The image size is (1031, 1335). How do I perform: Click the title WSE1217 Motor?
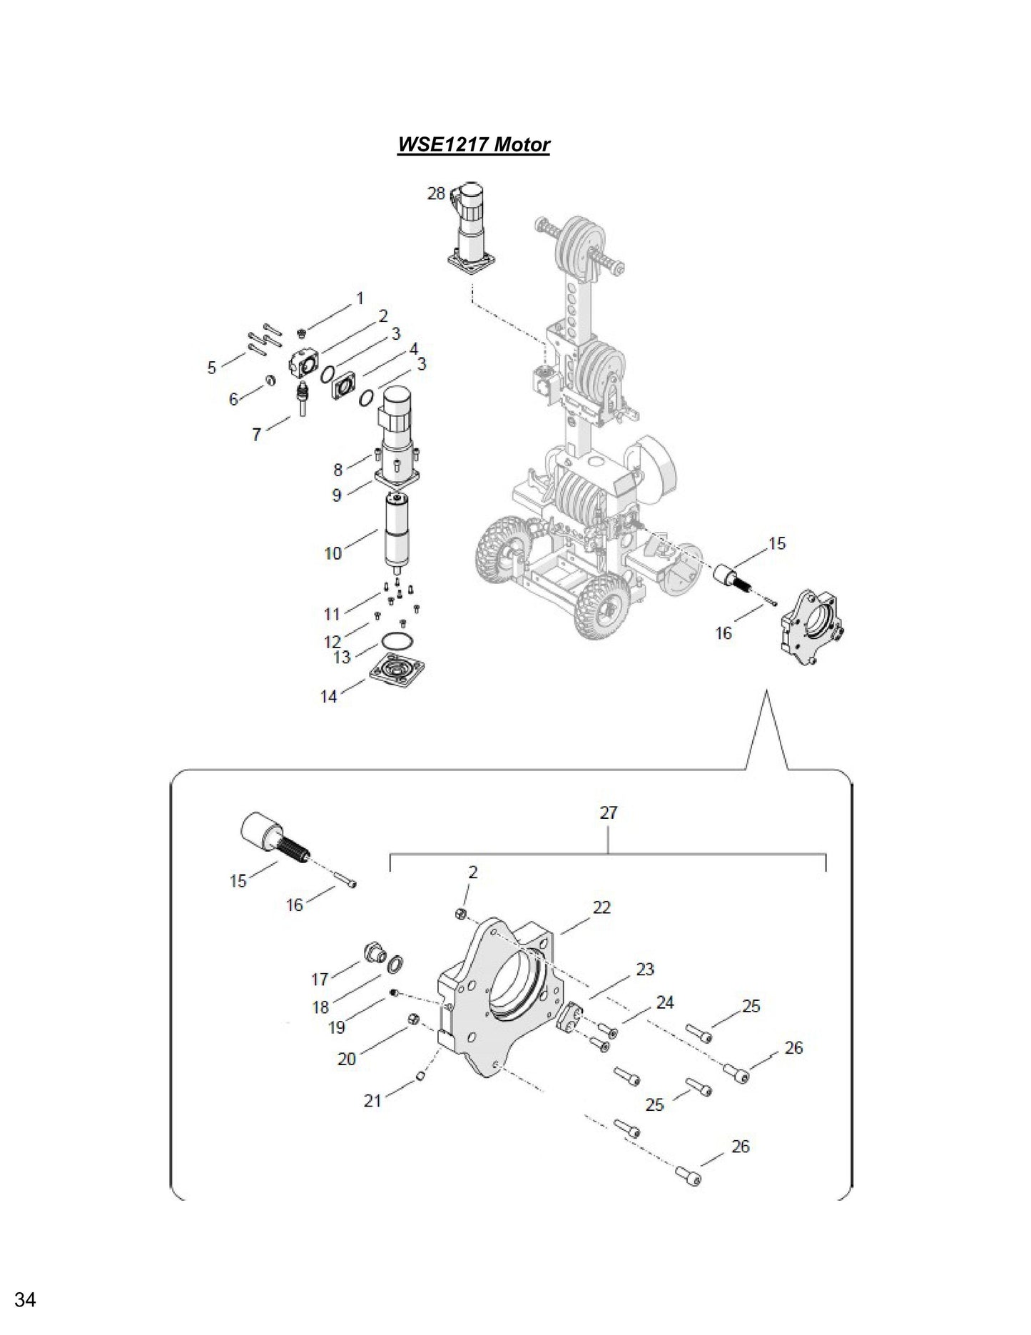pyautogui.click(x=473, y=145)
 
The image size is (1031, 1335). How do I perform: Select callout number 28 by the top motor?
pyautogui.click(x=436, y=193)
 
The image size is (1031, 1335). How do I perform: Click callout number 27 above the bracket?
pyautogui.click(x=609, y=812)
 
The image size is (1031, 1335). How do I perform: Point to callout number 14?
pyautogui.click(x=328, y=696)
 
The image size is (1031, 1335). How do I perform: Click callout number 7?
pyautogui.click(x=257, y=433)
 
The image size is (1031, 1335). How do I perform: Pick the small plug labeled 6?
pyautogui.click(x=270, y=379)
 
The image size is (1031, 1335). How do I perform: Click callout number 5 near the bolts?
pyautogui.click(x=211, y=368)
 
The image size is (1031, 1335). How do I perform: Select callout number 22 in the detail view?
pyautogui.click(x=601, y=907)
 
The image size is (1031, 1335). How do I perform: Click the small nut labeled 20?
pyautogui.click(x=412, y=1019)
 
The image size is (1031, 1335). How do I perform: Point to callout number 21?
pyautogui.click(x=372, y=1101)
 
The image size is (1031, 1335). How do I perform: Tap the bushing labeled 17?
pyautogui.click(x=372, y=952)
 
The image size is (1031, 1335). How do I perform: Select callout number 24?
pyautogui.click(x=664, y=1002)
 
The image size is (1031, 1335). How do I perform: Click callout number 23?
pyautogui.click(x=644, y=969)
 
